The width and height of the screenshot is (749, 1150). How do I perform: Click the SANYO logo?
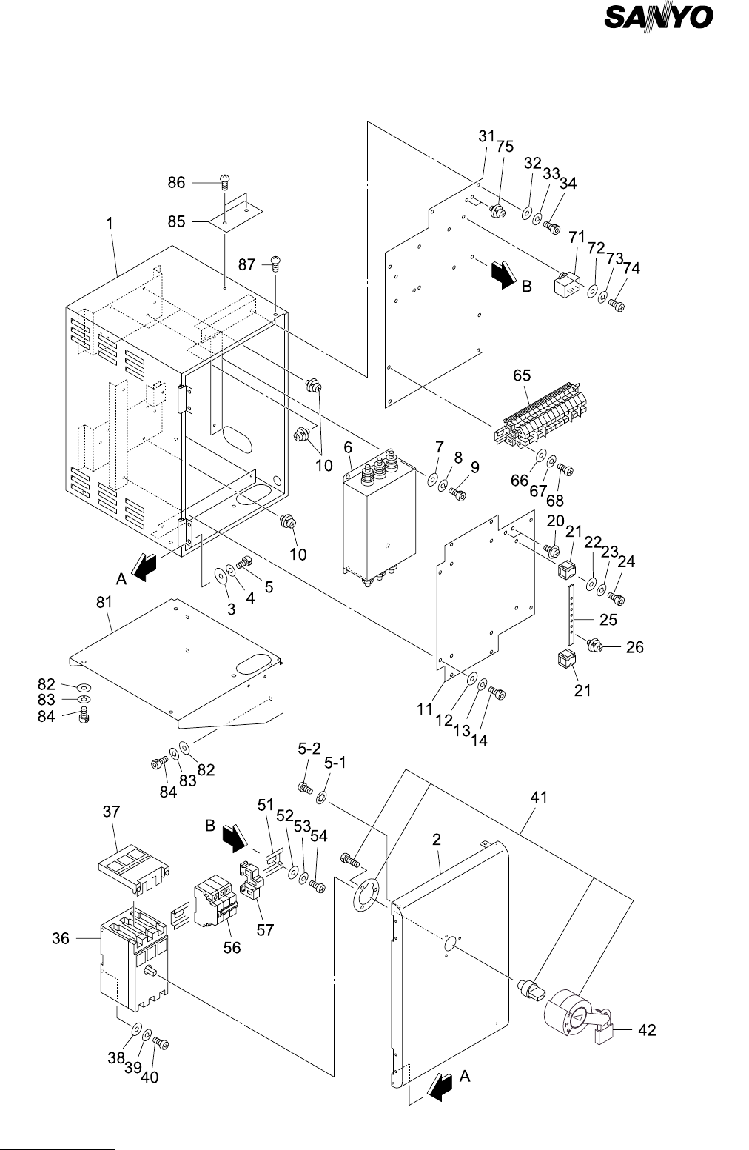[x=658, y=18]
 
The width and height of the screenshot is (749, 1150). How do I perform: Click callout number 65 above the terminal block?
[x=522, y=375]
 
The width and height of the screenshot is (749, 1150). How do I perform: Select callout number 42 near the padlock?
[x=647, y=1030]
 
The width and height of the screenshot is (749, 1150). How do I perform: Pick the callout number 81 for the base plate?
[x=104, y=602]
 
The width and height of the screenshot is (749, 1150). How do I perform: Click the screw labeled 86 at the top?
[x=225, y=182]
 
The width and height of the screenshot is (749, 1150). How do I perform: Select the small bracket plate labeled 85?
[x=235, y=214]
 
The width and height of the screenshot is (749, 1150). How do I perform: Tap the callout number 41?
[x=539, y=798]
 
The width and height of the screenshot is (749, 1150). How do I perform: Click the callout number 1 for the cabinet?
[x=110, y=224]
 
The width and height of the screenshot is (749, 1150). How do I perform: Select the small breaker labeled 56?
[x=215, y=905]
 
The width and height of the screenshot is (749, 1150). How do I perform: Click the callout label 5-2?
[x=309, y=749]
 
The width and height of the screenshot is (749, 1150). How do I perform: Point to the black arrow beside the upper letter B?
[x=503, y=274]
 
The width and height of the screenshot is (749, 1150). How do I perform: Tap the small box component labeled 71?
[x=566, y=283]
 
